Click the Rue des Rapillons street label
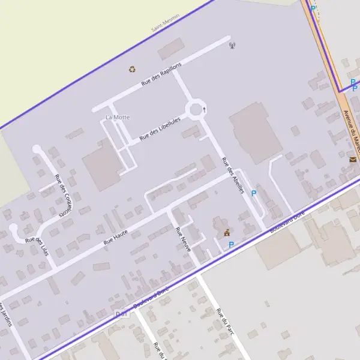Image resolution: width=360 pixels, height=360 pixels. (161, 74)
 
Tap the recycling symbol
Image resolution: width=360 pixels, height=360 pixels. (132, 69)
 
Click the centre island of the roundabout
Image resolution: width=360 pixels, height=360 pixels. (195, 110)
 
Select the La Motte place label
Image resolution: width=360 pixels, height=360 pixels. (117, 116)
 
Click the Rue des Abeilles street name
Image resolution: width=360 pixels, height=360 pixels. (233, 175)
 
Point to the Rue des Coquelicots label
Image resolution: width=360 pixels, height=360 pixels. (62, 194)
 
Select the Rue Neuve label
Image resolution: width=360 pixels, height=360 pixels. (182, 239)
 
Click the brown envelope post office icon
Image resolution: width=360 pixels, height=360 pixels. (352, 160)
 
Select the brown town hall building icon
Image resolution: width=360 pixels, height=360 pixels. (226, 232)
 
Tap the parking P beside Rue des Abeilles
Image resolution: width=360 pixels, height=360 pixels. (253, 193)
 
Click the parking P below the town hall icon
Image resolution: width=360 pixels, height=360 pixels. (231, 244)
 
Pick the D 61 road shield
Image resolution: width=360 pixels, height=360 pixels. (121, 313)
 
